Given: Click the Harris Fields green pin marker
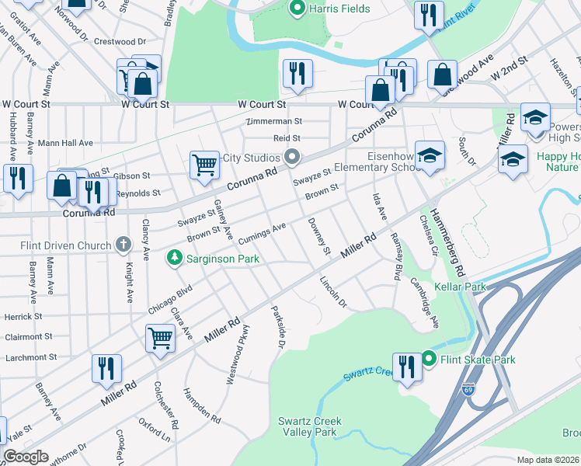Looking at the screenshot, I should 295,9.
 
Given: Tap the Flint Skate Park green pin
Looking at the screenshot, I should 430,360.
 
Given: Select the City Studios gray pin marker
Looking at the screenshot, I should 292,158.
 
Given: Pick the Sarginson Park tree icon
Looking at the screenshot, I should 176,257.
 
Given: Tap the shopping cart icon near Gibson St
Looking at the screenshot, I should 204,164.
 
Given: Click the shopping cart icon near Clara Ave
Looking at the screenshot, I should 160,338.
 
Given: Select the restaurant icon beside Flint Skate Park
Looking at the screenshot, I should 406,367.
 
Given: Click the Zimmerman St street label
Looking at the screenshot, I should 273,122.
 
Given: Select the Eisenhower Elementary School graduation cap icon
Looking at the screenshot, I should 430,155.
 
